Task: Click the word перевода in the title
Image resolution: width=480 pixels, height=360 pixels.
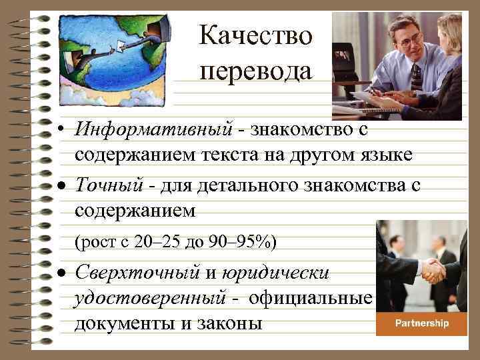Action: click(255, 69)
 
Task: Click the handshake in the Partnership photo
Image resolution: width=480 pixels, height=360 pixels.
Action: click(433, 270)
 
